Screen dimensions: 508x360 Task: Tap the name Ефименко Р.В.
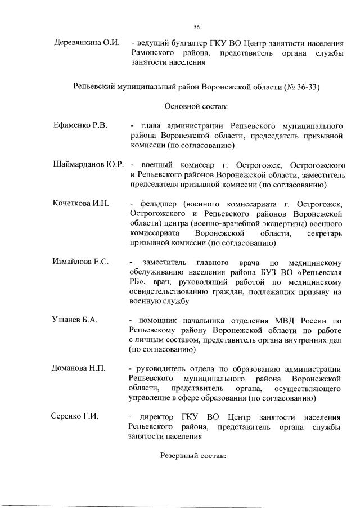(x=80, y=124)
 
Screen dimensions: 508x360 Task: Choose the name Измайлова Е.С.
(x=80, y=262)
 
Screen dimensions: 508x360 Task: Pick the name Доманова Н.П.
(x=79, y=369)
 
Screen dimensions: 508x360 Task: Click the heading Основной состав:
(x=196, y=106)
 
